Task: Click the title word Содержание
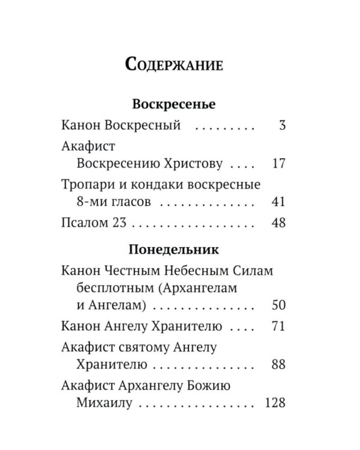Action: [175, 64]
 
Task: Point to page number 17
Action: [278, 163]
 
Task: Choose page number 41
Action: [278, 200]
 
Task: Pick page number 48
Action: [278, 223]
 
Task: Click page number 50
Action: [278, 305]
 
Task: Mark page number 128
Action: [275, 402]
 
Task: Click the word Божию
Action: [215, 385]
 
